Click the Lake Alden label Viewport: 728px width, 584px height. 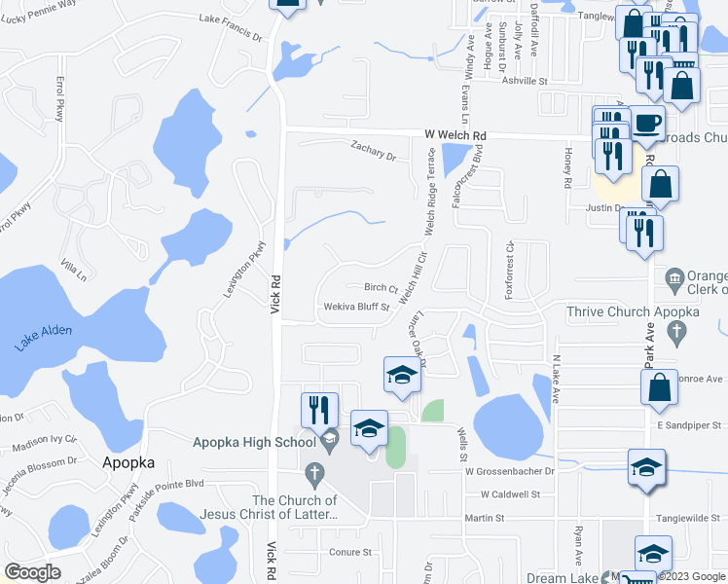click(44, 336)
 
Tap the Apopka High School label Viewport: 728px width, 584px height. click(255, 442)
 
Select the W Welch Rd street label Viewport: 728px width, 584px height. click(455, 135)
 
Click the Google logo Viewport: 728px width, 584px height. click(32, 572)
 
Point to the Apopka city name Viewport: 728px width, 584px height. click(129, 463)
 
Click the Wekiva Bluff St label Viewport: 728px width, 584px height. click(357, 308)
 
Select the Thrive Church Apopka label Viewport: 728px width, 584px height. click(634, 311)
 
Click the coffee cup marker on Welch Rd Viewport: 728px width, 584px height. click(647, 125)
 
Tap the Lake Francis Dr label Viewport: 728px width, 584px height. click(232, 18)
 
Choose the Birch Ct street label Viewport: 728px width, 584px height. click(381, 287)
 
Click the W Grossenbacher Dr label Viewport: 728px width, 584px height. click(508, 470)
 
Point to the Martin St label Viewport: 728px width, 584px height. click(483, 519)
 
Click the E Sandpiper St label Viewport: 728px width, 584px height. click(692, 425)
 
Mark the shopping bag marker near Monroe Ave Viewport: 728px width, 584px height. click(659, 386)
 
